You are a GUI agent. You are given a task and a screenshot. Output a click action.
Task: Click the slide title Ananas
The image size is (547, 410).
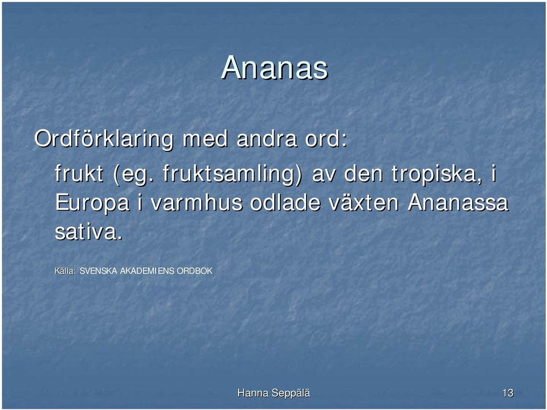pos(275,67)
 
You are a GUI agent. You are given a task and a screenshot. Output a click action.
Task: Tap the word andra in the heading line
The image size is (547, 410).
pos(267,138)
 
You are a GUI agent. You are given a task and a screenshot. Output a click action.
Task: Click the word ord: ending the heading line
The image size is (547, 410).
pos(326,138)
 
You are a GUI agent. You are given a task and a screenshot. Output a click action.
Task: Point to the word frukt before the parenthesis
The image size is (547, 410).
pos(79,173)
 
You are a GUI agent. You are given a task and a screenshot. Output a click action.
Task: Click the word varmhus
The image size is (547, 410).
pos(197,202)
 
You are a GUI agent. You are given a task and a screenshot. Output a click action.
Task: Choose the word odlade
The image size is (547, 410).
pos(285,202)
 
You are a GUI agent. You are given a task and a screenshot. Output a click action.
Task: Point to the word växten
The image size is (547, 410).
pos(363,202)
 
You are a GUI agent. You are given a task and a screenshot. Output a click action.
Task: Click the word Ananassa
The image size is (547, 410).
pos(458,202)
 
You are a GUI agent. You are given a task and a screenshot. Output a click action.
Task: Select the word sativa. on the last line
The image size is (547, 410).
pos(89,232)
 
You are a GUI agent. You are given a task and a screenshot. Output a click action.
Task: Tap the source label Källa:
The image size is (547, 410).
pos(65,271)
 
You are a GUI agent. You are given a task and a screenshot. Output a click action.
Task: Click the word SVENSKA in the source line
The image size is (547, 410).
pos(99,271)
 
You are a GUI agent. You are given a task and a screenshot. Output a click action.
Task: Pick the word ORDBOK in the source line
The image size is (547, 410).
pos(195,271)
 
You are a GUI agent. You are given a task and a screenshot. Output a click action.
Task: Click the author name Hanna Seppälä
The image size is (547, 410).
pos(274,393)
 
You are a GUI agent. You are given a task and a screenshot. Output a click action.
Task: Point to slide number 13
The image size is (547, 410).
pos(508,393)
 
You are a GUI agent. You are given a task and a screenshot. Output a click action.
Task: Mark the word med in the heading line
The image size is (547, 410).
pos(205,138)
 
